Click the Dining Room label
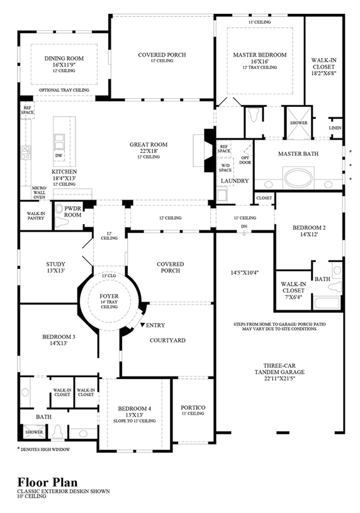[x=64, y=59]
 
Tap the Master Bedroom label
[x=260, y=55]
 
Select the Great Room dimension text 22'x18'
[x=149, y=150]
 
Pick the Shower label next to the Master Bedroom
[x=298, y=123]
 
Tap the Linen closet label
[x=335, y=128]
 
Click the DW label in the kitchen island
[x=59, y=155]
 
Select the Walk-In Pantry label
[x=35, y=217]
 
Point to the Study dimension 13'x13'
[x=55, y=272]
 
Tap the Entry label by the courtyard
[x=155, y=325]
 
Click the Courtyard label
[x=167, y=340]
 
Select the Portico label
[x=193, y=407]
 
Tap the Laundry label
[x=234, y=181]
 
